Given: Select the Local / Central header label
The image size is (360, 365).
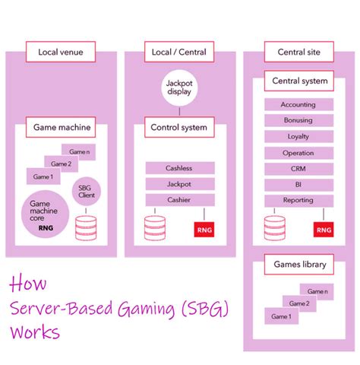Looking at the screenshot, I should [179, 52].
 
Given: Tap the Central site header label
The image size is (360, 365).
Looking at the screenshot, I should [299, 52].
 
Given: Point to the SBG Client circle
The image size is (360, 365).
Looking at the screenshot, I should [88, 191].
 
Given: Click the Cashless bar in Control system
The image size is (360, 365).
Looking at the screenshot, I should [179, 168].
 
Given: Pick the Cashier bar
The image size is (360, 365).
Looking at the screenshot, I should [179, 199].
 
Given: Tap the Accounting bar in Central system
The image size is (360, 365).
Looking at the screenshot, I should [298, 105].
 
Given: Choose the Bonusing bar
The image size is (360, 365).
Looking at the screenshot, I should [298, 121].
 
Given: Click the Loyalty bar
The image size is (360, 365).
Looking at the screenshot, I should [298, 137].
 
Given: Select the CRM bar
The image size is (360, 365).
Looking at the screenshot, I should [298, 169].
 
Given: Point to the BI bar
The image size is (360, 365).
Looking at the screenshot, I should [298, 185].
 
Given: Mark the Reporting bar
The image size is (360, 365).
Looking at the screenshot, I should [298, 201].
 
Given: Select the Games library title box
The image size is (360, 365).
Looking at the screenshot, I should [299, 265].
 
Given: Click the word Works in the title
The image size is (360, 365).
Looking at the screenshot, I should [36, 333].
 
